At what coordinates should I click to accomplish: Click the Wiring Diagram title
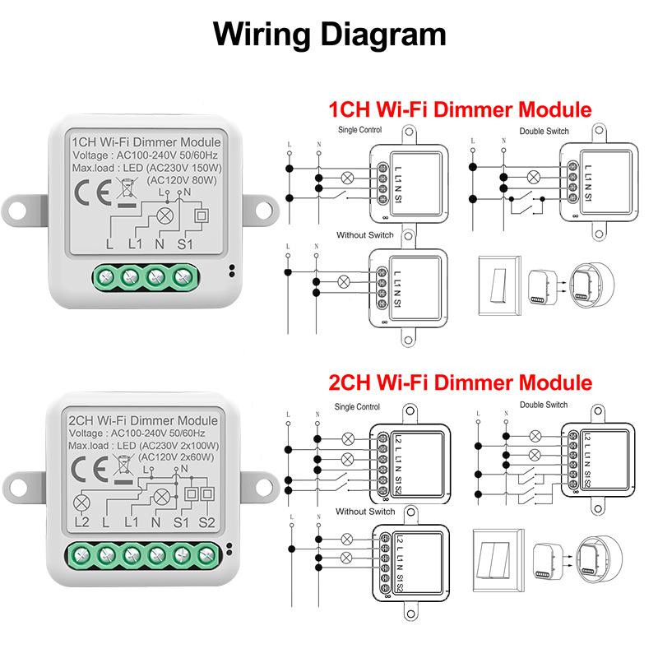point(329,34)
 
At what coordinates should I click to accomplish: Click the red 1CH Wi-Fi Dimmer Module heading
point(460,109)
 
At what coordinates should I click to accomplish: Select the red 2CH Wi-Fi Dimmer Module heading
point(460,382)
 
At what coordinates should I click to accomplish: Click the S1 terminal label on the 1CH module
point(185,245)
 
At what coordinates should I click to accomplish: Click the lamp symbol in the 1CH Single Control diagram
point(349,174)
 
